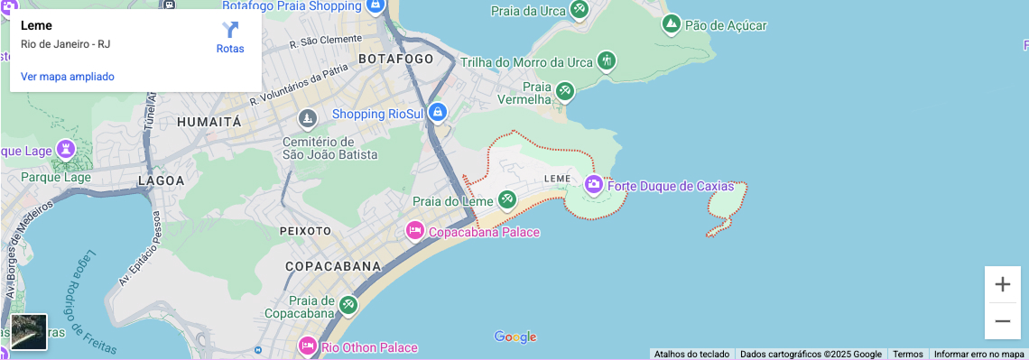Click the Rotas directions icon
pyautogui.click(x=230, y=31)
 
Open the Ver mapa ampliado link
pyautogui.click(x=68, y=77)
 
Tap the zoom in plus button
pyautogui.click(x=1002, y=285)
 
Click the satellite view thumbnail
pyautogui.click(x=29, y=331)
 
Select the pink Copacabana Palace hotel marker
pyautogui.click(x=415, y=231)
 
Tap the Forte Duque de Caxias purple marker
pyautogui.click(x=594, y=186)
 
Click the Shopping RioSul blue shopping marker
pyautogui.click(x=437, y=113)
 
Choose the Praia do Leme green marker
pyautogui.click(x=507, y=199)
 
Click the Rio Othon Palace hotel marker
pyautogui.click(x=308, y=346)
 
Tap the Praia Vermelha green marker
pyautogui.click(x=565, y=91)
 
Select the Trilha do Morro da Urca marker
pyautogui.click(x=607, y=61)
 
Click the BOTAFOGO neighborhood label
pyautogui.click(x=396, y=59)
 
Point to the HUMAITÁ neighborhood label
pyautogui.click(x=209, y=121)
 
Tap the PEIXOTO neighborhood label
pyautogui.click(x=306, y=231)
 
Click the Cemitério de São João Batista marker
pyautogui.click(x=309, y=118)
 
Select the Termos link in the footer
pyautogui.click(x=908, y=355)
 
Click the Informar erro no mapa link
pyautogui.click(x=979, y=355)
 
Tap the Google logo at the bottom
pyautogui.click(x=515, y=337)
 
